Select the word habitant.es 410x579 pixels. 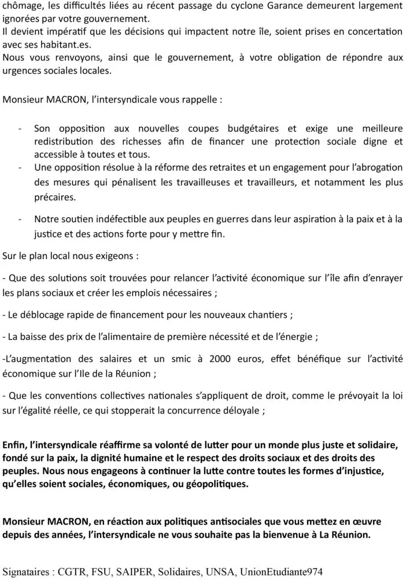(x=67, y=44)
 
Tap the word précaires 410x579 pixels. (x=55, y=197)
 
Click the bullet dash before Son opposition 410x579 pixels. (x=21, y=128)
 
